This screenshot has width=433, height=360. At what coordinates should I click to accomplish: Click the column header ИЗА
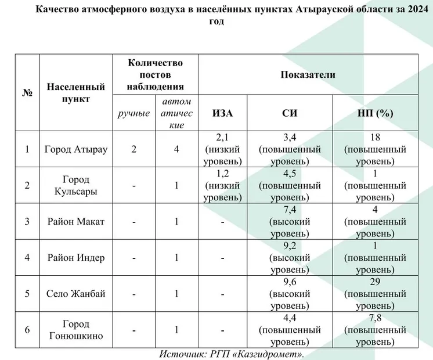223,113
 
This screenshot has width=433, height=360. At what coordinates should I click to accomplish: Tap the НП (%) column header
376,113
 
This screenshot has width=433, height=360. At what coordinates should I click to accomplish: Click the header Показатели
308,74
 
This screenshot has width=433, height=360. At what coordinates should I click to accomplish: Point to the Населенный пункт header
76,93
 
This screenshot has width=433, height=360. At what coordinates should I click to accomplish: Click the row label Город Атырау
76,149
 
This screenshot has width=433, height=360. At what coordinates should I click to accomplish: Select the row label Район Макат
76,222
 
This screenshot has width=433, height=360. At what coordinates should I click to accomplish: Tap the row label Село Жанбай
76,294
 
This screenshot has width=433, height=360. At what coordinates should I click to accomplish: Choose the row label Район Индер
76,258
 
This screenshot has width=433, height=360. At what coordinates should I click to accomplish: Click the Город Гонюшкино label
76,330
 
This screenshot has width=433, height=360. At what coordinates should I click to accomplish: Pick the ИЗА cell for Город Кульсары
223,186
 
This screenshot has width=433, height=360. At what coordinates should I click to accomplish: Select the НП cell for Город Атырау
376,149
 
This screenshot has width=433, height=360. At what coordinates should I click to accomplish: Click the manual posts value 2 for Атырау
134,149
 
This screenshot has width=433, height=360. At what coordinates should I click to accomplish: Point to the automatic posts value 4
176,149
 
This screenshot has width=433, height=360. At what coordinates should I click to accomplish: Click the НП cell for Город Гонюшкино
376,330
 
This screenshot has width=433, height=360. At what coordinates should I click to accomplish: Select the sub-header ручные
134,113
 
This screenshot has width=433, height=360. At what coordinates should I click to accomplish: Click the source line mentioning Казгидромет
232,354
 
